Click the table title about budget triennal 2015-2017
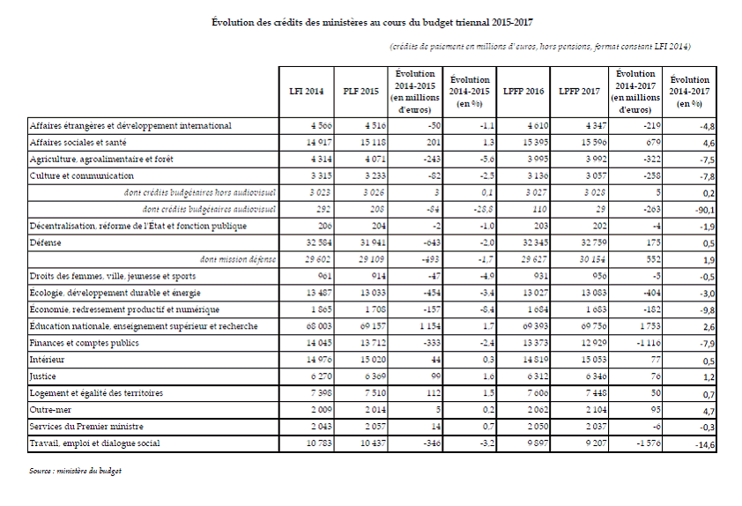point(371,20)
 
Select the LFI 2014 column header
point(307,92)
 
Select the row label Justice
point(42,376)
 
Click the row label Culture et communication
point(77,175)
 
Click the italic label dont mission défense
point(238,259)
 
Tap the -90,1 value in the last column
point(703,210)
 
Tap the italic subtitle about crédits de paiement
point(539,46)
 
